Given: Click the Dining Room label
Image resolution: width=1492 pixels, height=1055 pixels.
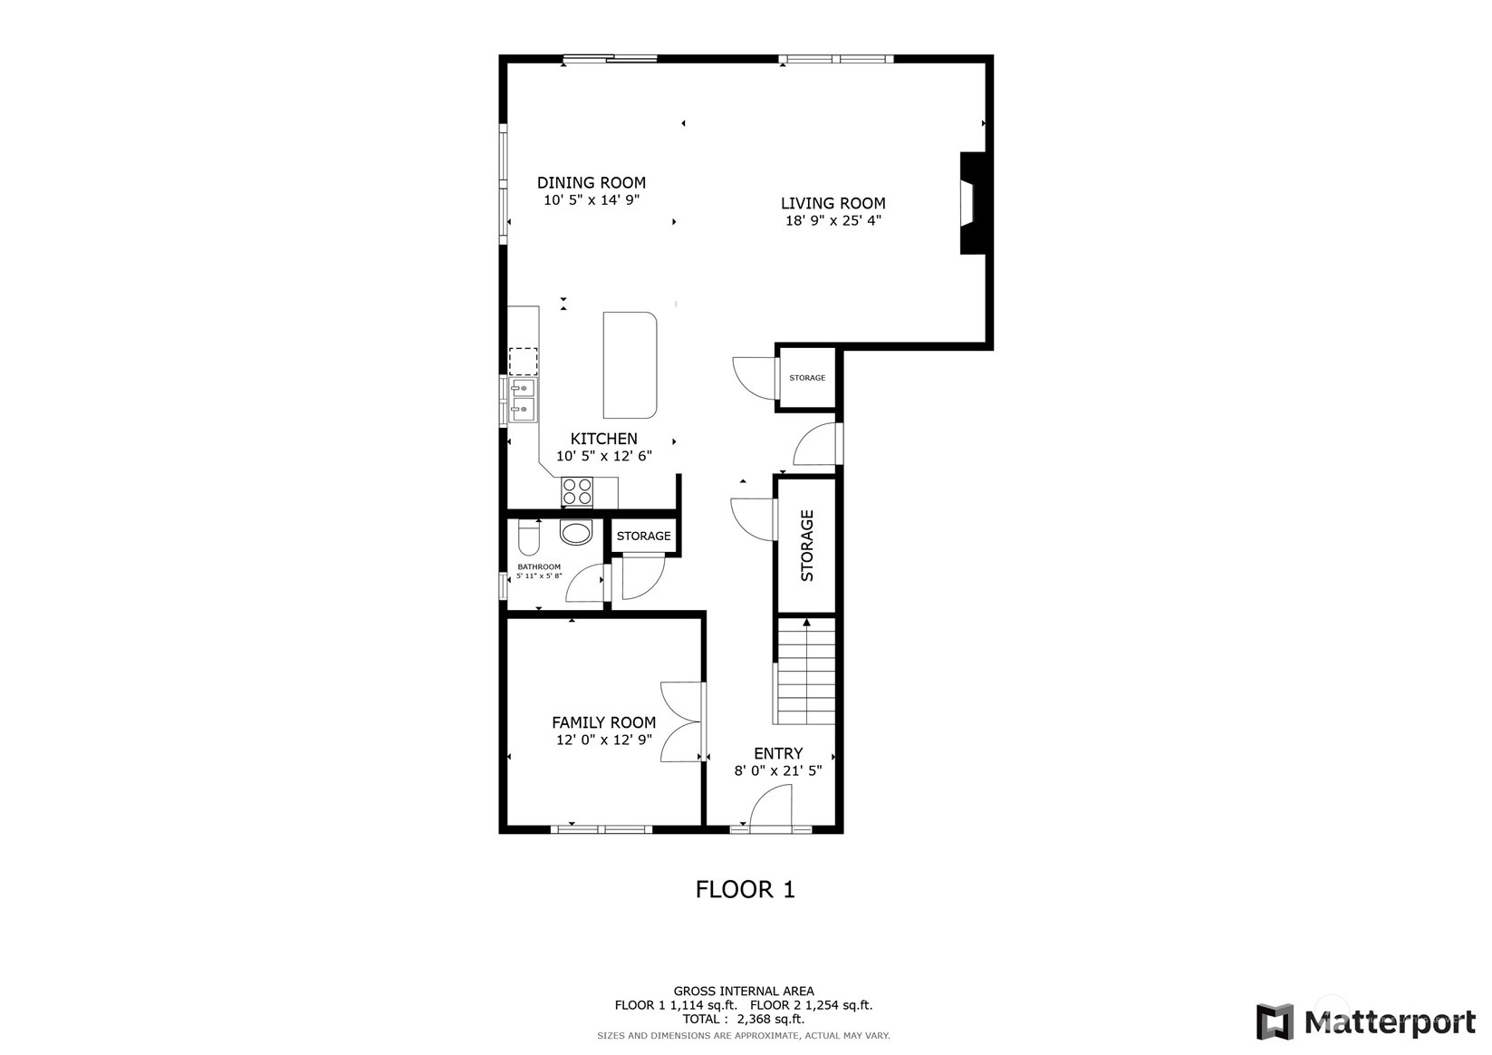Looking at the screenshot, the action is pos(592,182).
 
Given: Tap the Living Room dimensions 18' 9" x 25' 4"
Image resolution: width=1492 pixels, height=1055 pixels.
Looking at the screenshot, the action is pos(833,220).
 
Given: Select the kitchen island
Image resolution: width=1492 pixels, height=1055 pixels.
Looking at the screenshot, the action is pos(630,365).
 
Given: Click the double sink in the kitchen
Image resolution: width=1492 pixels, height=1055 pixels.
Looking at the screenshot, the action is pos(523,400).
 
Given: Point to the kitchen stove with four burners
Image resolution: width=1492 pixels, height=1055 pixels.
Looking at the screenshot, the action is pos(577,492).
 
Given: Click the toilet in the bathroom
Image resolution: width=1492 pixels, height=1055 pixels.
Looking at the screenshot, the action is pos(528,537).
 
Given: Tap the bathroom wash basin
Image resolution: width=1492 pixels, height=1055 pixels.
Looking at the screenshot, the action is pos(576,533).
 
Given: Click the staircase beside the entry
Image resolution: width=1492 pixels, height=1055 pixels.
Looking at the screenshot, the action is pos(806,671).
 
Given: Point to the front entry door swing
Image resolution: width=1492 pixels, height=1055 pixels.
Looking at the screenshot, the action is pos(771,808).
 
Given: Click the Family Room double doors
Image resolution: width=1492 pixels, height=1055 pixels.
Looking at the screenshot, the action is pos(683,721).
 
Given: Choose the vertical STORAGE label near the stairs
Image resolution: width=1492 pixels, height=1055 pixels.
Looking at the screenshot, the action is pos(806,546).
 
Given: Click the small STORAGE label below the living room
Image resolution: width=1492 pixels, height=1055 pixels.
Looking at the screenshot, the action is pos(807,378).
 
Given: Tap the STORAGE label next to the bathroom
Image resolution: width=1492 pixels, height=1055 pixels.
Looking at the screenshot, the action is pos(643,536).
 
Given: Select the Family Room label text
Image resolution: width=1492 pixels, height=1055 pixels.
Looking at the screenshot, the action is pos(604,722).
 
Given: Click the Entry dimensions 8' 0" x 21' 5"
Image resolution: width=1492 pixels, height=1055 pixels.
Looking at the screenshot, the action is pos(778,771).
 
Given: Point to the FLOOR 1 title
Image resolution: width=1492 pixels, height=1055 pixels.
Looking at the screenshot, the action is pos(746,889).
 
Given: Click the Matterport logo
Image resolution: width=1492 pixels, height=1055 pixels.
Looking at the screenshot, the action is pos(1366,1021).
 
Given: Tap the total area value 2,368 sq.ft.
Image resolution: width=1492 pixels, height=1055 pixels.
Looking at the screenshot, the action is pos(771,1019).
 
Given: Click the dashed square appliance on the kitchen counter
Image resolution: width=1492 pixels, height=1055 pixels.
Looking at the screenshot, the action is pos(523,362).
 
